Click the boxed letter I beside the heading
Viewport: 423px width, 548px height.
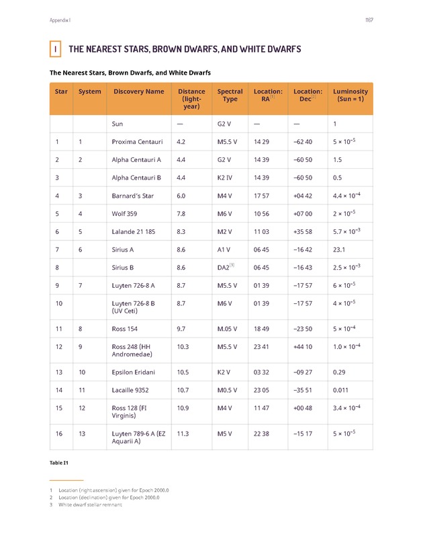coord(54,50)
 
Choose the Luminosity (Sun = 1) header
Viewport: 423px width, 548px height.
coord(350,95)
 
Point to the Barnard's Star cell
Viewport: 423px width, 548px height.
coord(134,196)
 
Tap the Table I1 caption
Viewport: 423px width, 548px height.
coord(59,463)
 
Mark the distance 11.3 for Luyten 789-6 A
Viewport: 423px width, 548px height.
coord(182,434)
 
